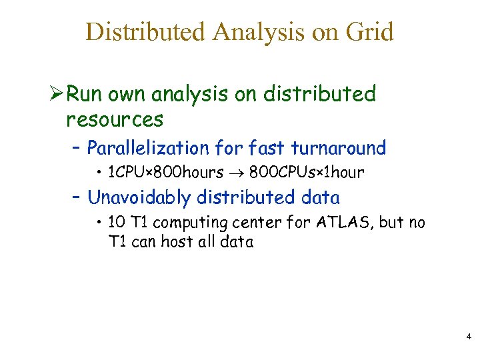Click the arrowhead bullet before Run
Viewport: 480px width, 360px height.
pos(57,94)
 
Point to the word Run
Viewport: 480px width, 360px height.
pos(85,94)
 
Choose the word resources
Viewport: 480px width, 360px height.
pos(115,120)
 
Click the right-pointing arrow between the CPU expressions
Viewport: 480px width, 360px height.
pos(237,173)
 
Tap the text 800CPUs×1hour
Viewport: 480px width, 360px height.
pos(307,173)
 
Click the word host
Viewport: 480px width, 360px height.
pos(176,241)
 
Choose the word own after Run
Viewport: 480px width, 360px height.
pos(127,95)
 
